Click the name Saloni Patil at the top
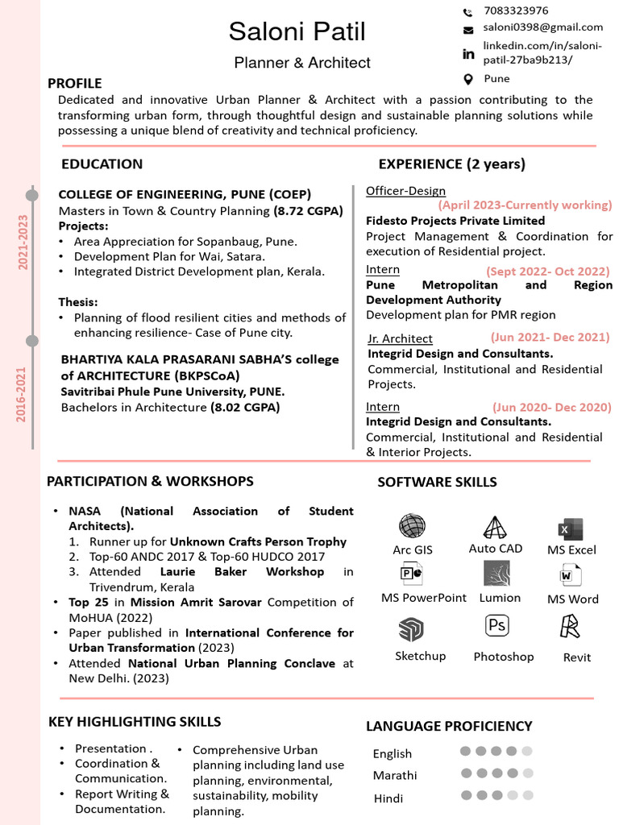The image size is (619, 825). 297,32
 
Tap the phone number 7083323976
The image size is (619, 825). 516,10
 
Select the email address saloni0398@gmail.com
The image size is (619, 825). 543,27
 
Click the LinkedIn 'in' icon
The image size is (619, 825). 468,54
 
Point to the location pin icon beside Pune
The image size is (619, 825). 468,79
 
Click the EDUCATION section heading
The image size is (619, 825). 102,164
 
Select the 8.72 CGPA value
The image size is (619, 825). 308,211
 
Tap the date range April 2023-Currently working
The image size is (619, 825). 525,205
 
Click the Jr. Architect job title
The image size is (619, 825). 400,338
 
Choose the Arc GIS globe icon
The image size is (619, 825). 412,526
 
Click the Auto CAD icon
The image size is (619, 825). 495,527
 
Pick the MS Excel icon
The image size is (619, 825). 571,529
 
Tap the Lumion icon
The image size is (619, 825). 496,574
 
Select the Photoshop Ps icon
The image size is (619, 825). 497,625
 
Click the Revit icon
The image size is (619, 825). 571,626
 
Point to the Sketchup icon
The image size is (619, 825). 411,629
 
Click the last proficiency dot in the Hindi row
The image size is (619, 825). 527,795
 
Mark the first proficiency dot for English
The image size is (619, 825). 465,751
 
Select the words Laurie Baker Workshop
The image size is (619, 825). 242,571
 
